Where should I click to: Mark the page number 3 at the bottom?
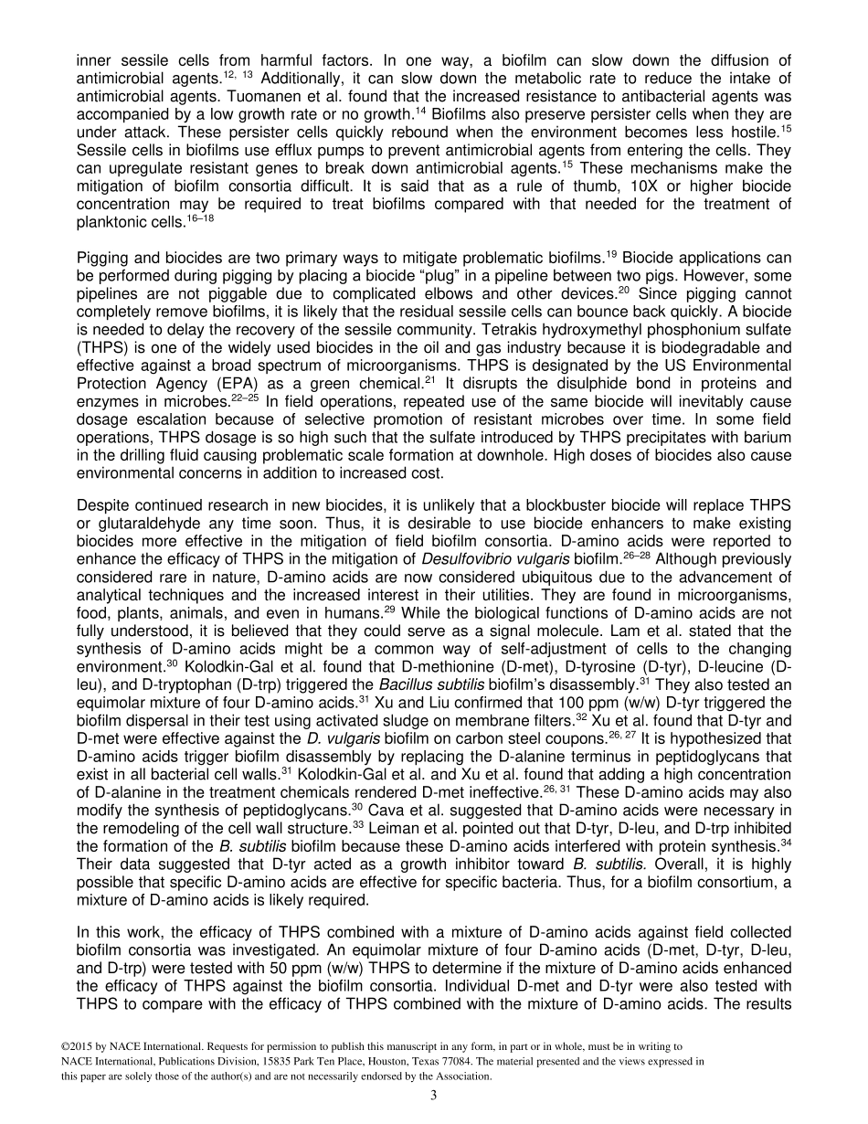click(x=434, y=1095)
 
